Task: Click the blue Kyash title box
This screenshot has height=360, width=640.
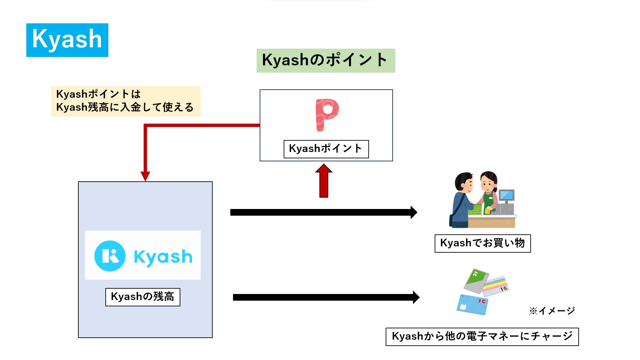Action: click(x=67, y=40)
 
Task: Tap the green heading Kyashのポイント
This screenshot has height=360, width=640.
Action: click(x=326, y=60)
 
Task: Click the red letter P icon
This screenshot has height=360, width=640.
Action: click(x=327, y=114)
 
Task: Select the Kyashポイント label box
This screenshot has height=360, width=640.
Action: click(x=326, y=149)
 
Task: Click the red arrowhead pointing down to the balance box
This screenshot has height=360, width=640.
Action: click(x=145, y=176)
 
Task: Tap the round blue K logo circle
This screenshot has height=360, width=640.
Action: click(x=110, y=256)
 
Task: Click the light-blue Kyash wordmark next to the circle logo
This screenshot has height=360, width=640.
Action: click(x=163, y=257)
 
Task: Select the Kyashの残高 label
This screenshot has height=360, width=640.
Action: click(x=143, y=297)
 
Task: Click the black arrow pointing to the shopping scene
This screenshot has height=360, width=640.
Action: click(x=323, y=212)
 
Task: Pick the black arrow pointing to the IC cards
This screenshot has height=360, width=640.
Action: click(x=326, y=297)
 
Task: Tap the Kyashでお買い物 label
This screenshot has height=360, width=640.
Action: click(x=482, y=243)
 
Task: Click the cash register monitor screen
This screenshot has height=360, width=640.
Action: click(x=506, y=195)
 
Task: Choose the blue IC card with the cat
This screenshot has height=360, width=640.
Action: click(x=472, y=304)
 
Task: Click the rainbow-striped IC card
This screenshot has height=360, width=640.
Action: click(x=495, y=286)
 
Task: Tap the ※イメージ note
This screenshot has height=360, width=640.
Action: click(x=552, y=311)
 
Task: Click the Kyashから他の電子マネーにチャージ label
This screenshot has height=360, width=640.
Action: click(x=482, y=337)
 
